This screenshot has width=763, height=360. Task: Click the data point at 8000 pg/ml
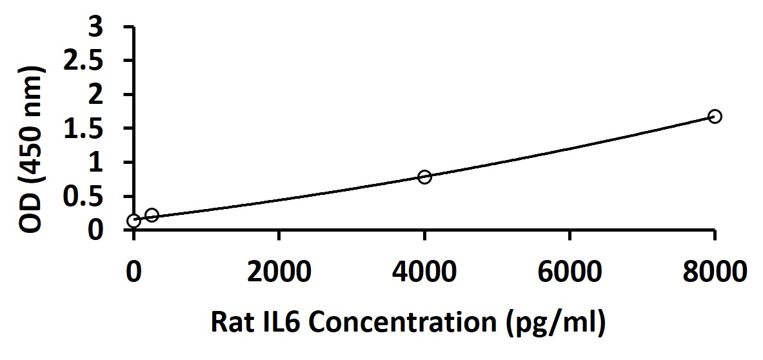[x=715, y=116]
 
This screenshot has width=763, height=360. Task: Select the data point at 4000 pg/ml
[x=424, y=176]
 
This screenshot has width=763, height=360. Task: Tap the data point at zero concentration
[x=134, y=221]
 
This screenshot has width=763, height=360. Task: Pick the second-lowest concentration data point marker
[x=152, y=215]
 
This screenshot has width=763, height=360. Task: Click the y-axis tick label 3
[x=95, y=27]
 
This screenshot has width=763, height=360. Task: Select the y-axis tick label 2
[x=95, y=95]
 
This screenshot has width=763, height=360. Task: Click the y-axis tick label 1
[x=95, y=163]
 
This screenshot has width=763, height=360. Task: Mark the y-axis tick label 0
[x=95, y=230]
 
